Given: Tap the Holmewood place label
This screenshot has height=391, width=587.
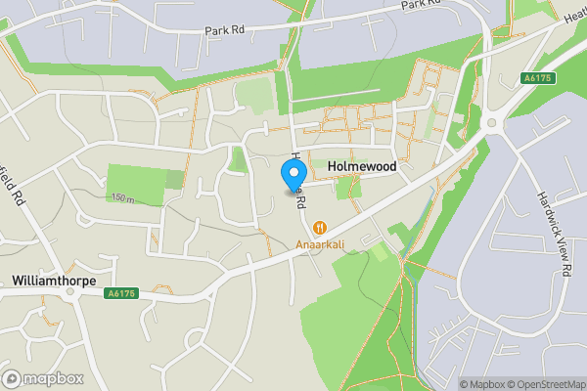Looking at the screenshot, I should coord(361,168).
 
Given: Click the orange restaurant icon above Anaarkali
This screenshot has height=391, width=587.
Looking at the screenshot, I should coord(319,229).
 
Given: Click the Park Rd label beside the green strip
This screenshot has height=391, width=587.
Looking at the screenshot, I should coord(224,30).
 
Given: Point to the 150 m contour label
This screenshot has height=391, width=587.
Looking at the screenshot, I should coord(122,199).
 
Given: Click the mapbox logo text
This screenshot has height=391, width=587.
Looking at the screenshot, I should coord(54,378).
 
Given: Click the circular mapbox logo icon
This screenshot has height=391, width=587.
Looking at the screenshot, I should coord(13,378).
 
